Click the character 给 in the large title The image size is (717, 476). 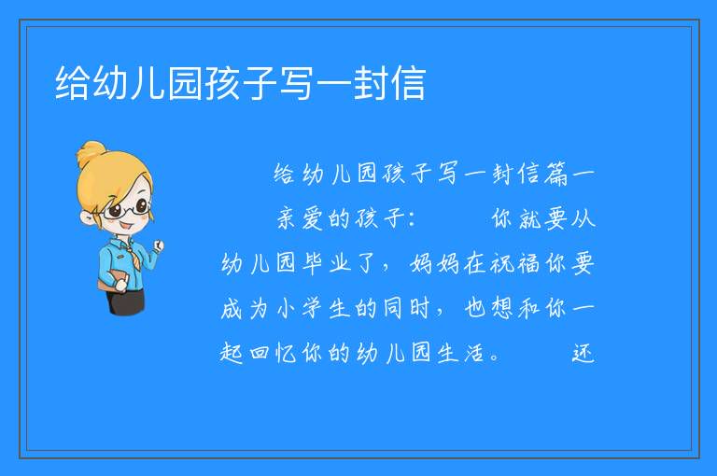pyautogui.click(x=72, y=83)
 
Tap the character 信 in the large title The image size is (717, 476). pyautogui.click(x=409, y=83)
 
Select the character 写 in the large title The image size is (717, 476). pyautogui.click(x=296, y=83)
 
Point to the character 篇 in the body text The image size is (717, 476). pyautogui.click(x=556, y=174)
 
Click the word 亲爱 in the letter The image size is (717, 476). pyautogui.click(x=300, y=218)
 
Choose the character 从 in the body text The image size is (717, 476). pyautogui.click(x=583, y=218)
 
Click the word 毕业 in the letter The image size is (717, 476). pyautogui.click(x=326, y=263)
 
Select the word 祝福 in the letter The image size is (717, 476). pyautogui.click(x=514, y=263)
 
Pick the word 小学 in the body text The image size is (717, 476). pyautogui.click(x=300, y=308)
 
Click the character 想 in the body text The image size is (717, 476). pyautogui.click(x=502, y=308)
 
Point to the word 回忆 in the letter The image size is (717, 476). pyautogui.click(x=273, y=353)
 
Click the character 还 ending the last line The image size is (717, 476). pyautogui.click(x=583, y=353)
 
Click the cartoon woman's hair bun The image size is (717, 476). pyautogui.click(x=91, y=152)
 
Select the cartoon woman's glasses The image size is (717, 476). pyautogui.click(x=125, y=210)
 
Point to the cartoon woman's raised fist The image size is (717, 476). pyautogui.click(x=158, y=245)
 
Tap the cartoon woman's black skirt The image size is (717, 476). pyautogui.click(x=125, y=302)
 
